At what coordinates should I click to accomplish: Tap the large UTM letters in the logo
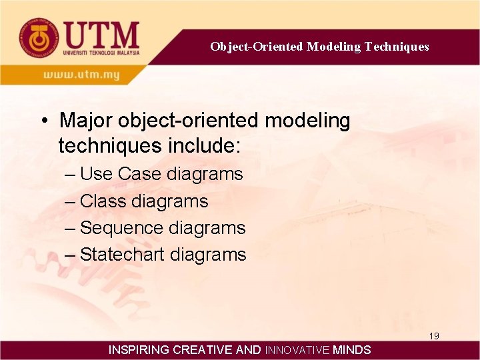pyautogui.click(x=101, y=34)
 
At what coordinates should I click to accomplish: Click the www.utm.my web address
pyautogui.click(x=82, y=75)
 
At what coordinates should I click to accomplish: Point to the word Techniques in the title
pyautogui.click(x=397, y=47)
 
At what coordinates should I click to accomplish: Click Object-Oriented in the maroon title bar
pyautogui.click(x=257, y=47)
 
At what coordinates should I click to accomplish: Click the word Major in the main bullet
pyautogui.click(x=86, y=121)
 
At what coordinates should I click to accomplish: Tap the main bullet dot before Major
pyautogui.click(x=43, y=121)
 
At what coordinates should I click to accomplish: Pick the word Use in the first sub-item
pyautogui.click(x=97, y=175)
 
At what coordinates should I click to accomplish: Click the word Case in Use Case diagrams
pyautogui.click(x=139, y=175)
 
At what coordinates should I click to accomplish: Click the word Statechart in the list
pyautogui.click(x=123, y=255)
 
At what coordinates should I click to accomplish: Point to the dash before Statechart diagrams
pyautogui.click(x=71, y=255)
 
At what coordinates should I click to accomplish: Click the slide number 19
pyautogui.click(x=434, y=336)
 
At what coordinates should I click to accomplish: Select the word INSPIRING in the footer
pyautogui.click(x=139, y=350)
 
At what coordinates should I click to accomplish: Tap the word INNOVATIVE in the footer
pyautogui.click(x=297, y=350)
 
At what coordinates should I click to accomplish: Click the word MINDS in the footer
pyautogui.click(x=352, y=350)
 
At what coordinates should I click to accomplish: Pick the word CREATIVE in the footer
pyautogui.click(x=203, y=350)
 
